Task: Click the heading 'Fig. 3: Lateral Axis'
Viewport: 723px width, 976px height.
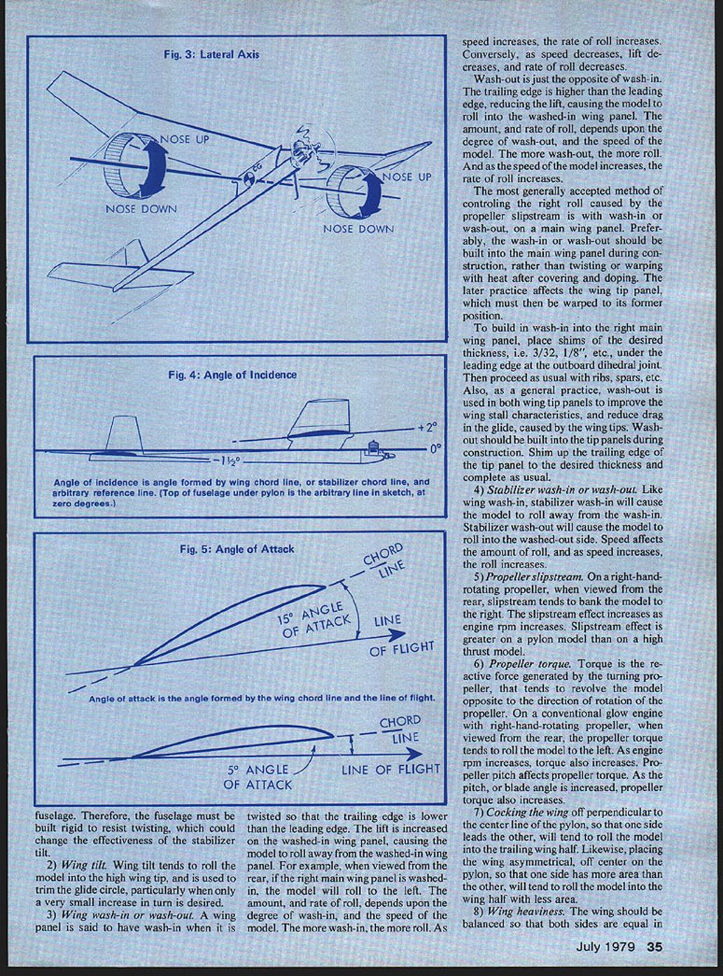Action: click(x=211, y=54)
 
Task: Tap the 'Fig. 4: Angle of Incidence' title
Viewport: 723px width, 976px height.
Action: click(x=232, y=375)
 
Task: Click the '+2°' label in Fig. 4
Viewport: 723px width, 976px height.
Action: click(x=426, y=426)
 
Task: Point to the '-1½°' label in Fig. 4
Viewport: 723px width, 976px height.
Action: click(x=227, y=462)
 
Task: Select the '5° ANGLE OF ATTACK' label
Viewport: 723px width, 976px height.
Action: click(x=258, y=777)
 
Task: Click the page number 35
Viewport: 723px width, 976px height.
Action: click(x=654, y=947)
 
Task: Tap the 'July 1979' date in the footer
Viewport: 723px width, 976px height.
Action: click(x=605, y=947)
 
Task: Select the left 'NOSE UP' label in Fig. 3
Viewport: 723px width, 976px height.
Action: click(x=185, y=139)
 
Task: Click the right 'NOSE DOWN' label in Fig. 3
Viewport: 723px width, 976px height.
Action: click(x=358, y=228)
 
